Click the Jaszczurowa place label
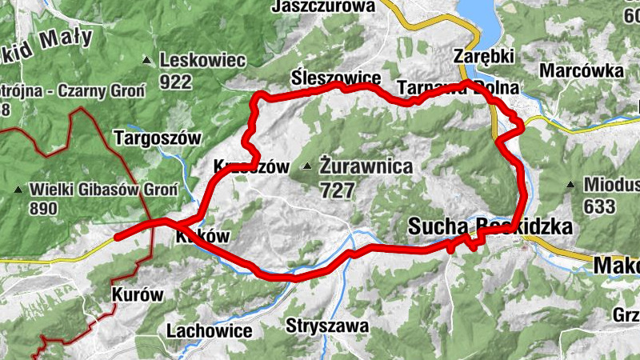(323, 6)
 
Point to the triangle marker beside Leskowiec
(146, 60)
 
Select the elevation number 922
(176, 81)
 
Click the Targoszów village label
(158, 138)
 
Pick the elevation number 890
(42, 209)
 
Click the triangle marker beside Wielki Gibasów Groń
(18, 190)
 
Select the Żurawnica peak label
(366, 167)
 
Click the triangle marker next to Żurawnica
(307, 167)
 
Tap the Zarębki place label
(482, 58)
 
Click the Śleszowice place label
(335, 78)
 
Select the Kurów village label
(138, 294)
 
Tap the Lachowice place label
(209, 330)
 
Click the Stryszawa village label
(328, 326)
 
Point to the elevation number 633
(600, 206)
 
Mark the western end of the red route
(117, 237)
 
